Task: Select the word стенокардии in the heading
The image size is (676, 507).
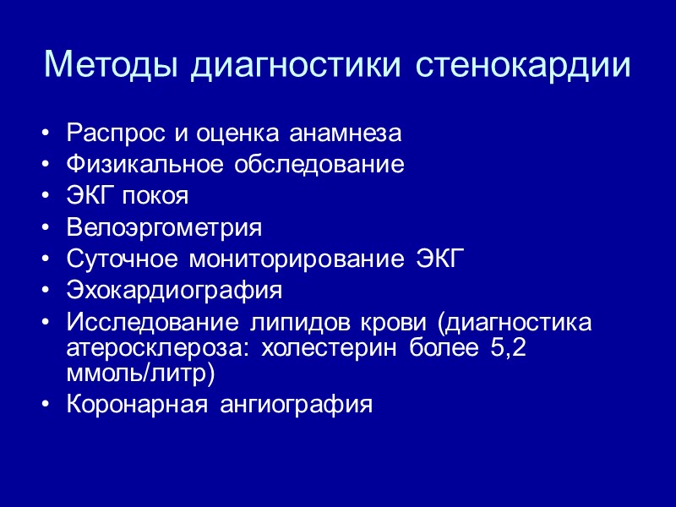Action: coord(523,65)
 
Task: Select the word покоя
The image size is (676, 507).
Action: coord(156,196)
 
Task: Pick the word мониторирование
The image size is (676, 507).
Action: coord(297,259)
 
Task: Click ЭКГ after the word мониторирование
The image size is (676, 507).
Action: coord(442,259)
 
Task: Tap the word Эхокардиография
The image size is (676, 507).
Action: coord(174,291)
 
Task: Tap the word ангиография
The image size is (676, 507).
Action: coord(296,404)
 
